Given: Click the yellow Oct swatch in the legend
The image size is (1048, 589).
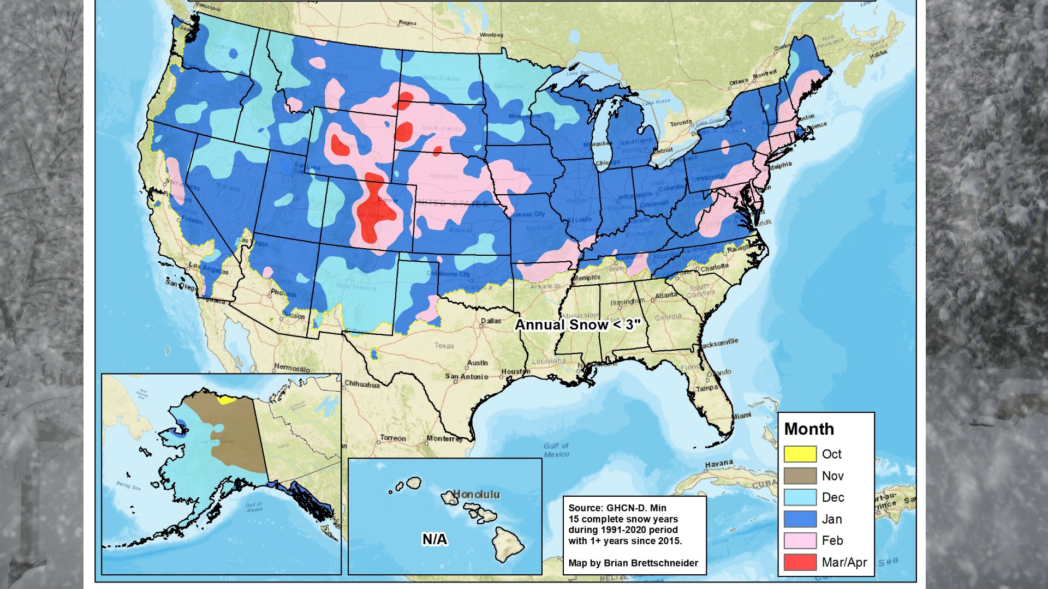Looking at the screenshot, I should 800,454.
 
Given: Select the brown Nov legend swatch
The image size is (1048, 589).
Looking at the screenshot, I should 800,476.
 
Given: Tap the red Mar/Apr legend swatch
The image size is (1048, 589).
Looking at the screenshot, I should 800,562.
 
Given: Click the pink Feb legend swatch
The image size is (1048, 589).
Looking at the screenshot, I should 800,540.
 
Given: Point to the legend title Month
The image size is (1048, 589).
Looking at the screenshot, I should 809,429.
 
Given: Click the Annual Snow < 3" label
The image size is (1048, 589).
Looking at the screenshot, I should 577,325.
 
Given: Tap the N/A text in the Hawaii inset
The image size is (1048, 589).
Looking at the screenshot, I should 434,539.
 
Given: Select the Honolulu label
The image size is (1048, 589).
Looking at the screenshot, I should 476,495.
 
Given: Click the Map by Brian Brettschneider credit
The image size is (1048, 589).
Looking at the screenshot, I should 633,563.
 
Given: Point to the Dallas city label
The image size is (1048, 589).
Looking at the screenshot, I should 491,321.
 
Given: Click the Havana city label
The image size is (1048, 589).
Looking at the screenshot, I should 718,464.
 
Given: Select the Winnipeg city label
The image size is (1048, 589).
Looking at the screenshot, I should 491,35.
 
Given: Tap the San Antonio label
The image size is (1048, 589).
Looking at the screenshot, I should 466,376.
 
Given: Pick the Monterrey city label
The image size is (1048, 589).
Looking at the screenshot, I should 444,438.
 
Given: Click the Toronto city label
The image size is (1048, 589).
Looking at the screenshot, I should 681,123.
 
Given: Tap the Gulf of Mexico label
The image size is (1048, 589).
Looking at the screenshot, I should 556,450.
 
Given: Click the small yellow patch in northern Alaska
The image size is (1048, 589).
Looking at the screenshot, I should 224,400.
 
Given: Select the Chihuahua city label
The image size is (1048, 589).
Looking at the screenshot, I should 362,384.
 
